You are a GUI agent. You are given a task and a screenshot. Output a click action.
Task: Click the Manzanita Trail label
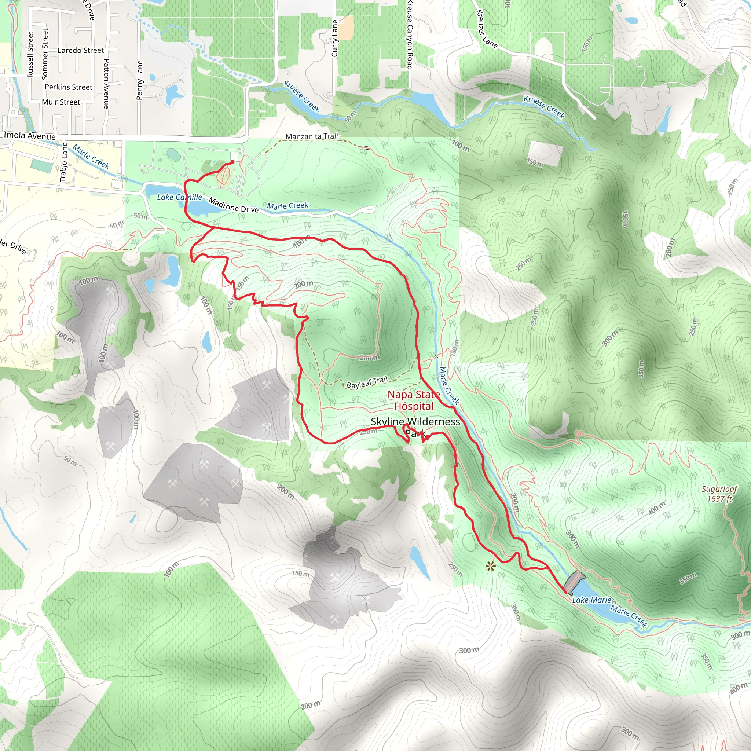pyautogui.click(x=311, y=136)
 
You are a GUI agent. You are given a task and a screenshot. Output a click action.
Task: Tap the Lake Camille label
pyautogui.click(x=179, y=198)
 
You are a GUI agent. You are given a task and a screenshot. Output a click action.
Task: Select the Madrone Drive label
pyautogui.click(x=234, y=205)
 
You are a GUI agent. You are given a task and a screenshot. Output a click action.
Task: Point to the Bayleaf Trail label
pyautogui.click(x=367, y=382)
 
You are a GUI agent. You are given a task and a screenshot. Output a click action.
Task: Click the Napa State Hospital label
pyautogui.click(x=414, y=400)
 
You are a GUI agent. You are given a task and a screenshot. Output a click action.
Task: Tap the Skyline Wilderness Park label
pyautogui.click(x=415, y=426)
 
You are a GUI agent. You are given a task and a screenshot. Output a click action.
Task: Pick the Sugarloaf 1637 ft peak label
pyautogui.click(x=719, y=494)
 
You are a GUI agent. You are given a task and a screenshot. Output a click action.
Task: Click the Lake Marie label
pyautogui.click(x=591, y=600)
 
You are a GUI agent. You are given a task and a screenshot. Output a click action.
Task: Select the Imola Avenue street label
pyautogui.click(x=30, y=136)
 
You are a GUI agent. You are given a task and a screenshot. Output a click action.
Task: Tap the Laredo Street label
pyautogui.click(x=80, y=51)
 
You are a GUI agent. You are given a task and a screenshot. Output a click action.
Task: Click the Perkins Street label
pyautogui.click(x=69, y=87)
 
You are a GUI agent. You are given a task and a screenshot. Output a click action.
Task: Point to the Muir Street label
pyautogui.click(x=61, y=102)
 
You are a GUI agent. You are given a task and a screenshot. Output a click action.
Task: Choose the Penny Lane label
pyautogui.click(x=140, y=80)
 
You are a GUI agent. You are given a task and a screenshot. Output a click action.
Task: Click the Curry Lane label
pyautogui.click(x=335, y=39)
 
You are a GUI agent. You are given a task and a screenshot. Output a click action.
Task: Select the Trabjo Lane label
pyautogui.click(x=63, y=162)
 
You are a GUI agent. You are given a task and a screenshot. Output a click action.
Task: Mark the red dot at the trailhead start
pyautogui.click(x=232, y=162)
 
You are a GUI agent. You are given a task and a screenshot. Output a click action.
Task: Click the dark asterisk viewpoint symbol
pyautogui.click(x=491, y=566)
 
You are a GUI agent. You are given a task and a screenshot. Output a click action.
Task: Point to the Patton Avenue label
pyautogui.click(x=106, y=84)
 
